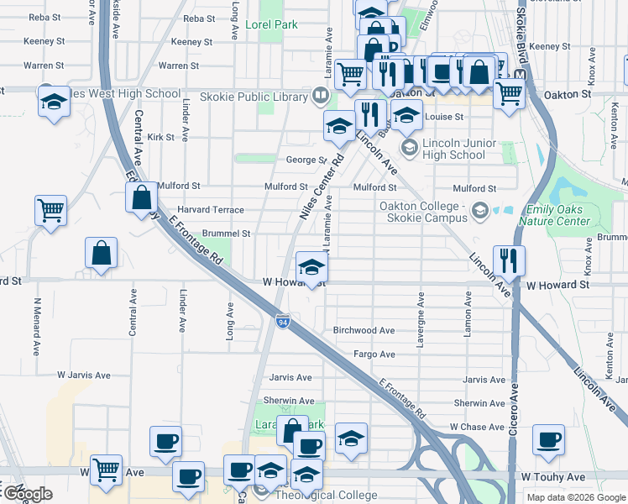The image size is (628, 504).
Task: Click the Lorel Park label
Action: point(271,25)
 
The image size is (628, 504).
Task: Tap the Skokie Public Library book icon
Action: point(319,96)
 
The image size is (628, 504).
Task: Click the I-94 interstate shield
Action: point(283,320)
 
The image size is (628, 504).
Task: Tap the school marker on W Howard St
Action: point(311,268)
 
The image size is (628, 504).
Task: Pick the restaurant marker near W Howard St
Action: point(508,260)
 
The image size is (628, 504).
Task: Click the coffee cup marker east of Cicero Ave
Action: point(548,439)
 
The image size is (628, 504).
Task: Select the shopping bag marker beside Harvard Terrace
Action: point(142,198)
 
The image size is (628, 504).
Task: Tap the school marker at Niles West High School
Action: point(54,101)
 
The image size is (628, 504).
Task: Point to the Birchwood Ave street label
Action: point(364,331)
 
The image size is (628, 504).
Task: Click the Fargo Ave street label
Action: point(374,354)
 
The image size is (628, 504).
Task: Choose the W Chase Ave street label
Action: point(477,428)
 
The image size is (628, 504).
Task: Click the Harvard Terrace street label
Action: point(210,210)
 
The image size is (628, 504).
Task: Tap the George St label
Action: point(306,160)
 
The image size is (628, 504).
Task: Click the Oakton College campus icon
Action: point(479,209)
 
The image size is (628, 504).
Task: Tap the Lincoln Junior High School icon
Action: point(410,149)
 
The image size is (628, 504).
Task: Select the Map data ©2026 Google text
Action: point(575,497)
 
